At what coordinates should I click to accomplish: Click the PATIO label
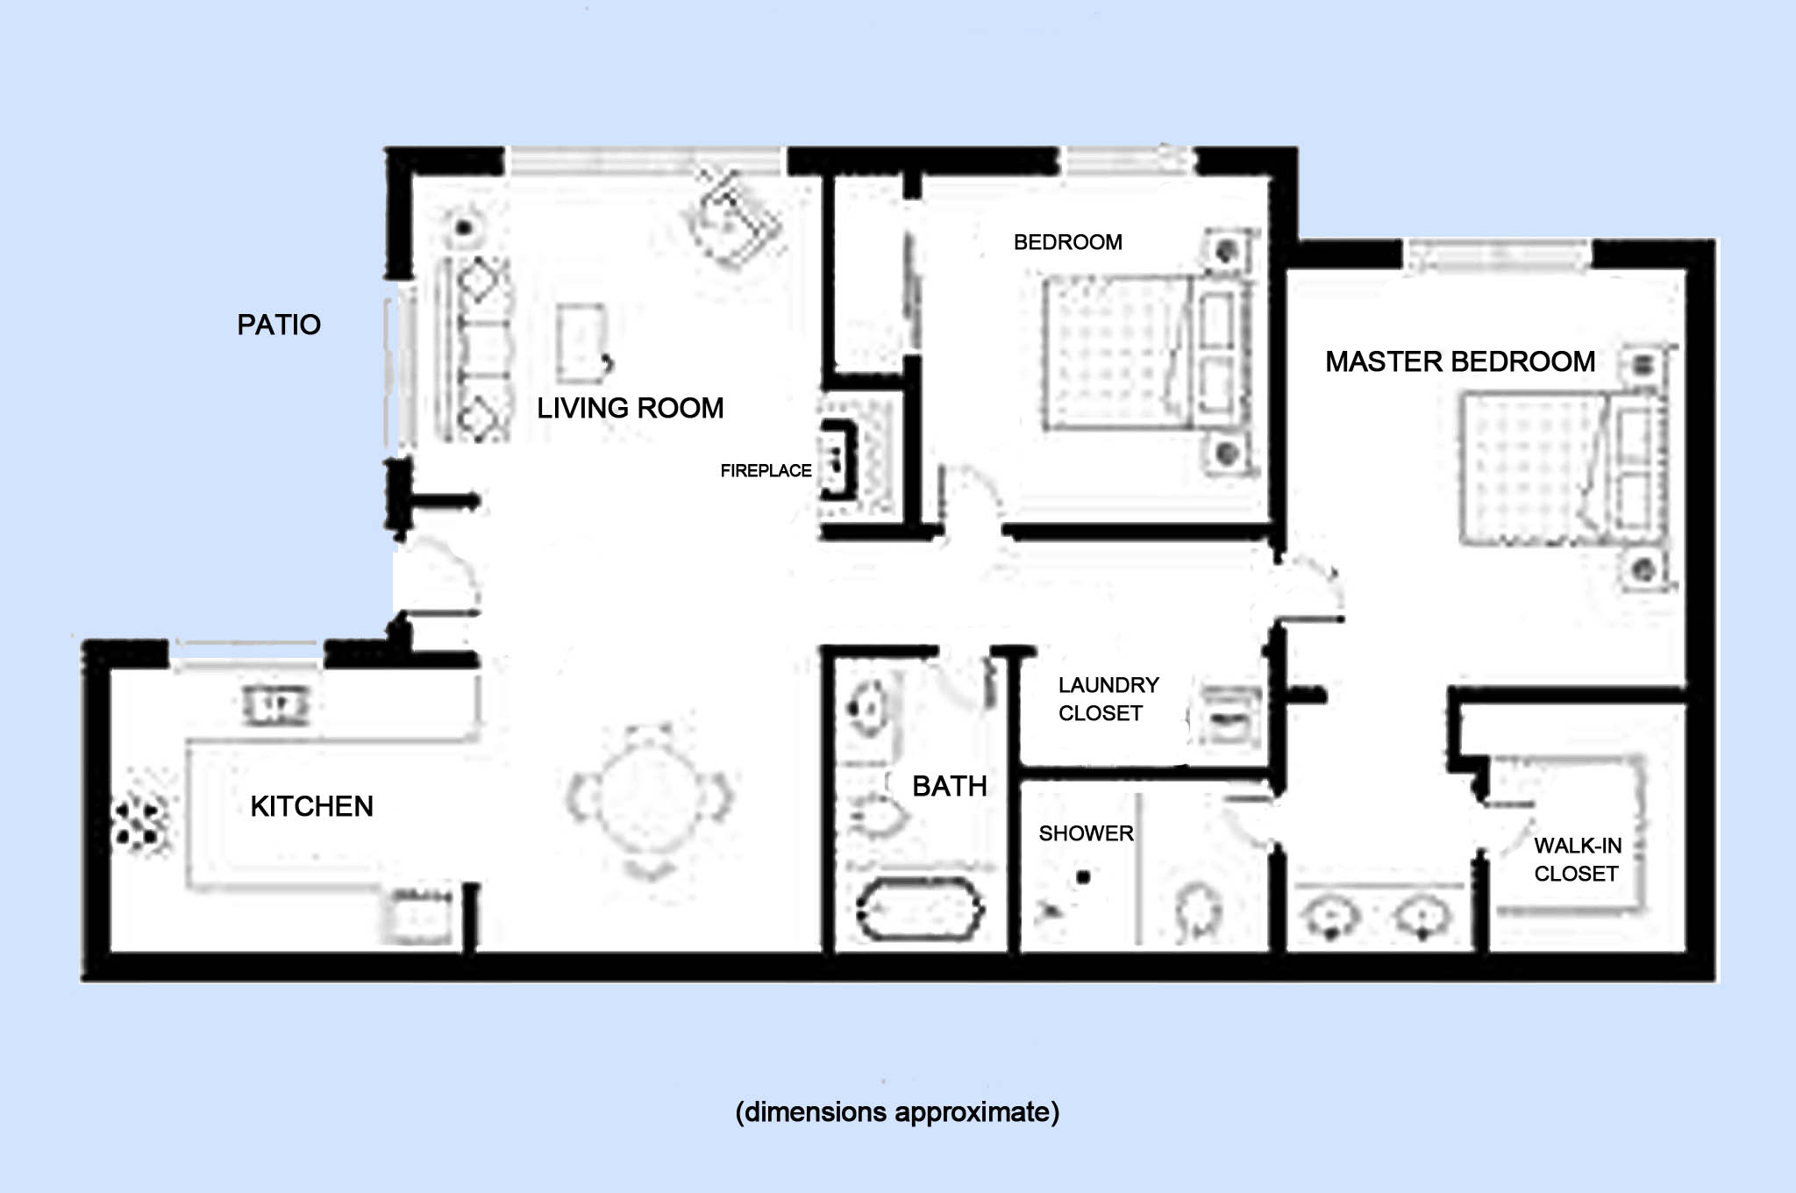279,325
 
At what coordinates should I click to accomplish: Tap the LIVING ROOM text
630,408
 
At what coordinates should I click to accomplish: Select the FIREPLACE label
766,471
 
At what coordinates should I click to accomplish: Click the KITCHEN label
311,806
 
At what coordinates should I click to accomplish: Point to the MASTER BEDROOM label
1459,361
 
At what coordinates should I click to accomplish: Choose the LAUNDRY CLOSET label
1107,699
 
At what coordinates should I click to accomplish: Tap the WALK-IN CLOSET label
1577,860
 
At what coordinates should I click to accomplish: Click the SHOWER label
1086,833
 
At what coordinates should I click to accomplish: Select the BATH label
949,786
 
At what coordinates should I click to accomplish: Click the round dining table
650,798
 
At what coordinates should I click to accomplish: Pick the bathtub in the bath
919,910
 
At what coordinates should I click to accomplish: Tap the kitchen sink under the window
275,705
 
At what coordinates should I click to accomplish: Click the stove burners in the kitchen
139,823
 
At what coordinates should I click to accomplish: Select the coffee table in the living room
581,342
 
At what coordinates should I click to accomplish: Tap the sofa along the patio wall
474,349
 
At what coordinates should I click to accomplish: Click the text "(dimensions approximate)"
896,1112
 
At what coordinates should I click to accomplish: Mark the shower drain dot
1083,876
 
